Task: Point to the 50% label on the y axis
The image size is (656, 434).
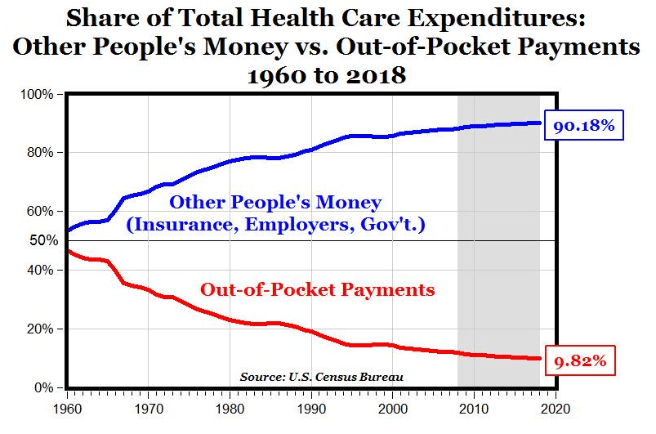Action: pos(44,240)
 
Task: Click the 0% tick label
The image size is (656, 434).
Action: pos(47,387)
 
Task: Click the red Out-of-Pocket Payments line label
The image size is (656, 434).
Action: pos(317,289)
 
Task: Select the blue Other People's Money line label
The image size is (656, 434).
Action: pos(275,202)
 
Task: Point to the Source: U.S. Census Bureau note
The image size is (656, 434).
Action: pos(322,377)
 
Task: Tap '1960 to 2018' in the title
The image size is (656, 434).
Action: pos(327,75)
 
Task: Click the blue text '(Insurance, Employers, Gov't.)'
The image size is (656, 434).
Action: pos(275,225)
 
